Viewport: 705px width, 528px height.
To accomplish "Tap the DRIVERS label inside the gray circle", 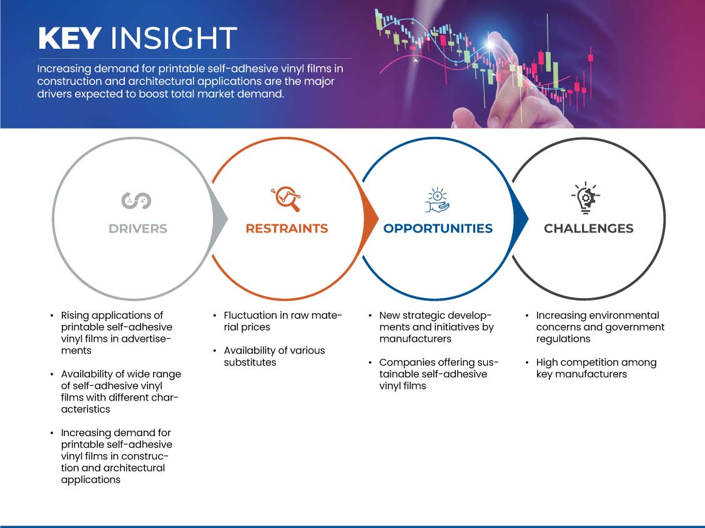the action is tap(138, 229).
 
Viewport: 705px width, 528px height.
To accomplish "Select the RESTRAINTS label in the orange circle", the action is tap(287, 229).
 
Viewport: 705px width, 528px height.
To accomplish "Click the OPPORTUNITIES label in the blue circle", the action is tap(438, 229).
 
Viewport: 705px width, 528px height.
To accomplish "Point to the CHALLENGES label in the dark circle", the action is tap(589, 229).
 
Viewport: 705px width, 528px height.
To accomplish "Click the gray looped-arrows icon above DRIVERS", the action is tap(136, 201).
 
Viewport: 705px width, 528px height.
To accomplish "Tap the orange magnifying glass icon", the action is tap(286, 199).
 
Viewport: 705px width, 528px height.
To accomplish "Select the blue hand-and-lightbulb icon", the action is tap(437, 200).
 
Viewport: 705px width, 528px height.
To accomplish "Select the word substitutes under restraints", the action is tap(250, 362).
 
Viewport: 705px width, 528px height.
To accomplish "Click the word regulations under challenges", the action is tap(563, 339).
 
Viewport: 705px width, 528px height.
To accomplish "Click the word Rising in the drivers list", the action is tap(75, 316).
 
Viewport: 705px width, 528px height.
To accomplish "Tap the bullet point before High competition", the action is tap(527, 362).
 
